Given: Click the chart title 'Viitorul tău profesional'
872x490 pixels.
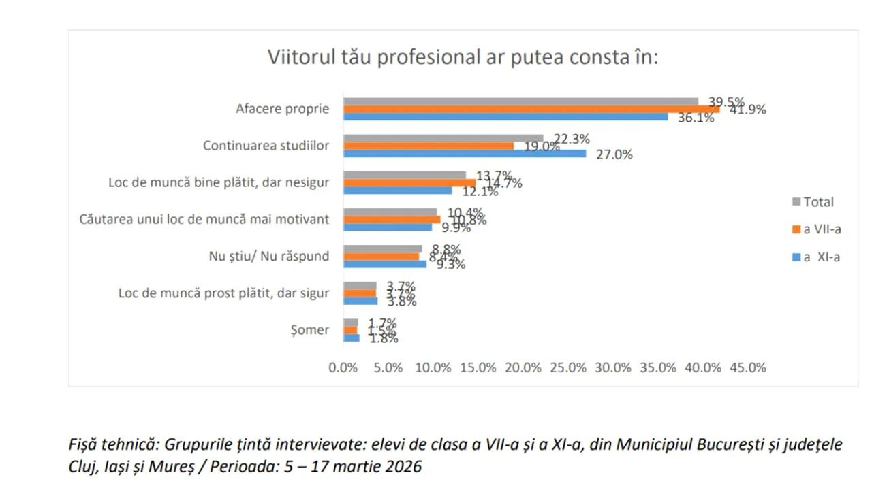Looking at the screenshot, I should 463,57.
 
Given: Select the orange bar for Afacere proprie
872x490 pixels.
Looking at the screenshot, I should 531,109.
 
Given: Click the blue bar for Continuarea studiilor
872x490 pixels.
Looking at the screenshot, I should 464,154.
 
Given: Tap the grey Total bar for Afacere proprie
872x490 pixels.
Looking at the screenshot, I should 520,101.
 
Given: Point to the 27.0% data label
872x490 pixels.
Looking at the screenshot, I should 614,154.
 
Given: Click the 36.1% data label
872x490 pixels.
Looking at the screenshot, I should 695,118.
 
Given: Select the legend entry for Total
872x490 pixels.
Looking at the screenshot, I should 817,201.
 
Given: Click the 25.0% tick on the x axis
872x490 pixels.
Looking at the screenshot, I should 567,368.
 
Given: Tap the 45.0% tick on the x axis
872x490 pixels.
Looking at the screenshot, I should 747,368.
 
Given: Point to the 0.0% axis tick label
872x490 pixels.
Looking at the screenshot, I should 343,368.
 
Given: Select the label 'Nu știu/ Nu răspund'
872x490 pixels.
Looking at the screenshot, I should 268,257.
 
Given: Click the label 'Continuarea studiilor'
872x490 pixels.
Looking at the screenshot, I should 266,146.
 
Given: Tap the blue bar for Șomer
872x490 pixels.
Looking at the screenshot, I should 351,338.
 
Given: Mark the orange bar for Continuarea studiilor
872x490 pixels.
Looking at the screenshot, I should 428,146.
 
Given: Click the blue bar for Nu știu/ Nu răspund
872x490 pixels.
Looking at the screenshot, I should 384,264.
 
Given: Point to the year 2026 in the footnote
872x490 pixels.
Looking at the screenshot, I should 407,467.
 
